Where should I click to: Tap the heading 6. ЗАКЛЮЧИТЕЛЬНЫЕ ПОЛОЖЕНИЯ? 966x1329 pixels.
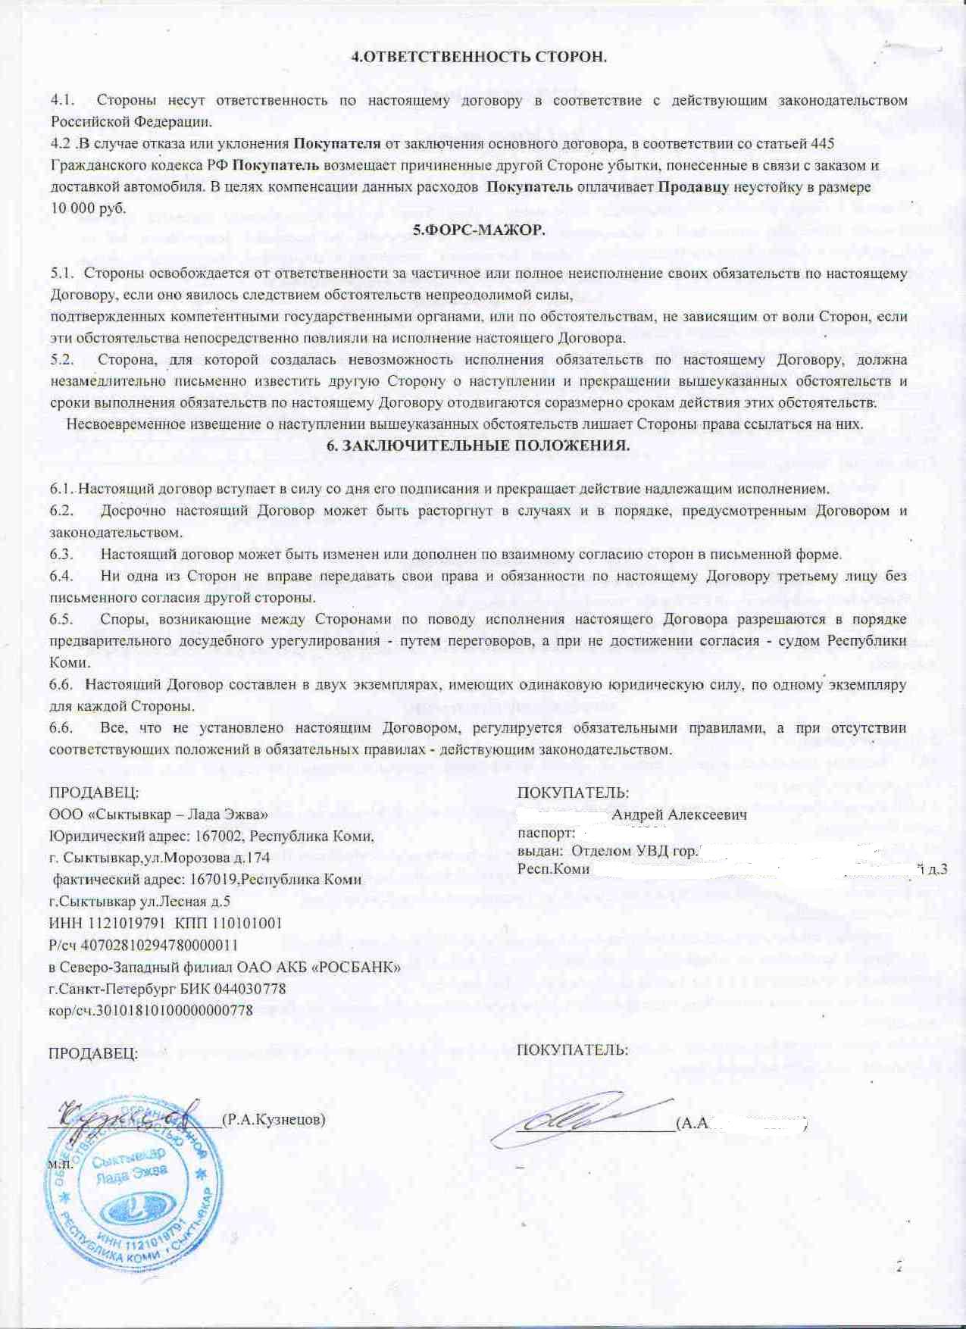477,445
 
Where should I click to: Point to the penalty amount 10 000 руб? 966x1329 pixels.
88,208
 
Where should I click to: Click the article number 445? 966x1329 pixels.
822,143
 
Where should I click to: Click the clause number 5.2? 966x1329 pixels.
62,359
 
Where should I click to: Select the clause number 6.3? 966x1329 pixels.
61,554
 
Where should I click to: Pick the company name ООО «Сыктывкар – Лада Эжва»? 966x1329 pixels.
158,815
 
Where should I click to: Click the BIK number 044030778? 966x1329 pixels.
250,989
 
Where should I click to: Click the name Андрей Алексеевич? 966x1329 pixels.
679,815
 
